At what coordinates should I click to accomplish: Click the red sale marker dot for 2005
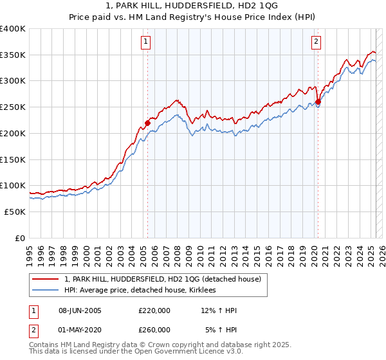click(x=147, y=122)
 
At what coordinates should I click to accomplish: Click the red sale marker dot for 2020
click(x=318, y=101)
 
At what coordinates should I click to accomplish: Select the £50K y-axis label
click(x=15, y=212)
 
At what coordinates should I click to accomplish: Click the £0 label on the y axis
click(x=21, y=238)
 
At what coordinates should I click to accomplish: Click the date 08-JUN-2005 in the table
click(x=80, y=311)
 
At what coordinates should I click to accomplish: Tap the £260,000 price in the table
click(x=154, y=330)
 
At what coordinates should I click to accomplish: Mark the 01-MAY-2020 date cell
click(x=80, y=330)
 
